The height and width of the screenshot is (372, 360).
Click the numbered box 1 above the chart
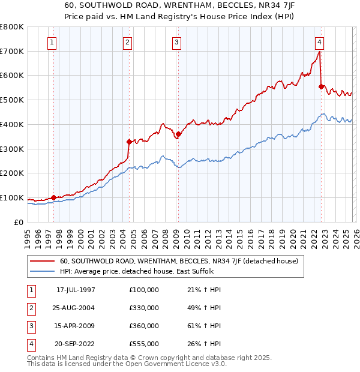[x=53, y=42]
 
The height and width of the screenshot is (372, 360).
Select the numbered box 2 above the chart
[x=128, y=42]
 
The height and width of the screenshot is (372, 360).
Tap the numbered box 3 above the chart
[x=177, y=42]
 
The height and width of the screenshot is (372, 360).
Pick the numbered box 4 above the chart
[x=320, y=42]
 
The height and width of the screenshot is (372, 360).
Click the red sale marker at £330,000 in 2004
[x=129, y=142]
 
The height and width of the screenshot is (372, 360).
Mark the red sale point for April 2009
[x=178, y=134]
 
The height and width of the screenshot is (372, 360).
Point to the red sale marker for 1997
[x=53, y=197]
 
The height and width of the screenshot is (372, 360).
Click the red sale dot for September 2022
[x=321, y=86]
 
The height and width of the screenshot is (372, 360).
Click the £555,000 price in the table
[x=144, y=344]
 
